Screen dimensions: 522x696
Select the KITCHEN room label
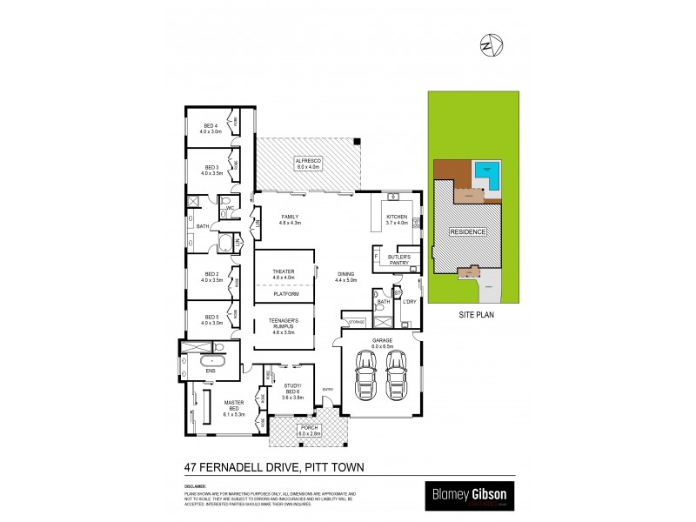pyautogui.click(x=397, y=219)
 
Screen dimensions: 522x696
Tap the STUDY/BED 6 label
pyautogui.click(x=292, y=388)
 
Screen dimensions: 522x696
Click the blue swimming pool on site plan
pyautogui.click(x=485, y=176)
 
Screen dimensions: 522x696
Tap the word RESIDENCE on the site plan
pyautogui.click(x=467, y=233)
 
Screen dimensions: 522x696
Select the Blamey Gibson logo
pyautogui.click(x=468, y=496)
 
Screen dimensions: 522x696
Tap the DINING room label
pyautogui.click(x=346, y=277)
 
